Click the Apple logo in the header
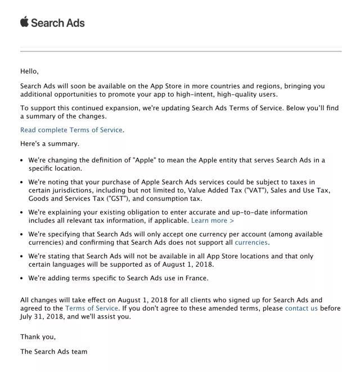[24, 22]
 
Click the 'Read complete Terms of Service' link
[71, 130]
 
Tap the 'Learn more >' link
[213, 221]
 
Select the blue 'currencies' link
[251, 243]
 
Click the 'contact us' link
[301, 308]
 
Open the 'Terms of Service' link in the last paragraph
[92, 308]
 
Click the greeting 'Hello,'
[29, 71]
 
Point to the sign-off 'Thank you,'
[38, 337]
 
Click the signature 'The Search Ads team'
[53, 352]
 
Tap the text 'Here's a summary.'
[49, 144]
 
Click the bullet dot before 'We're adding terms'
[22, 279]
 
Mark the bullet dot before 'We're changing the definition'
[22, 160]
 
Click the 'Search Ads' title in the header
[58, 23]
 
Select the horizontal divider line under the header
[181, 51]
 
